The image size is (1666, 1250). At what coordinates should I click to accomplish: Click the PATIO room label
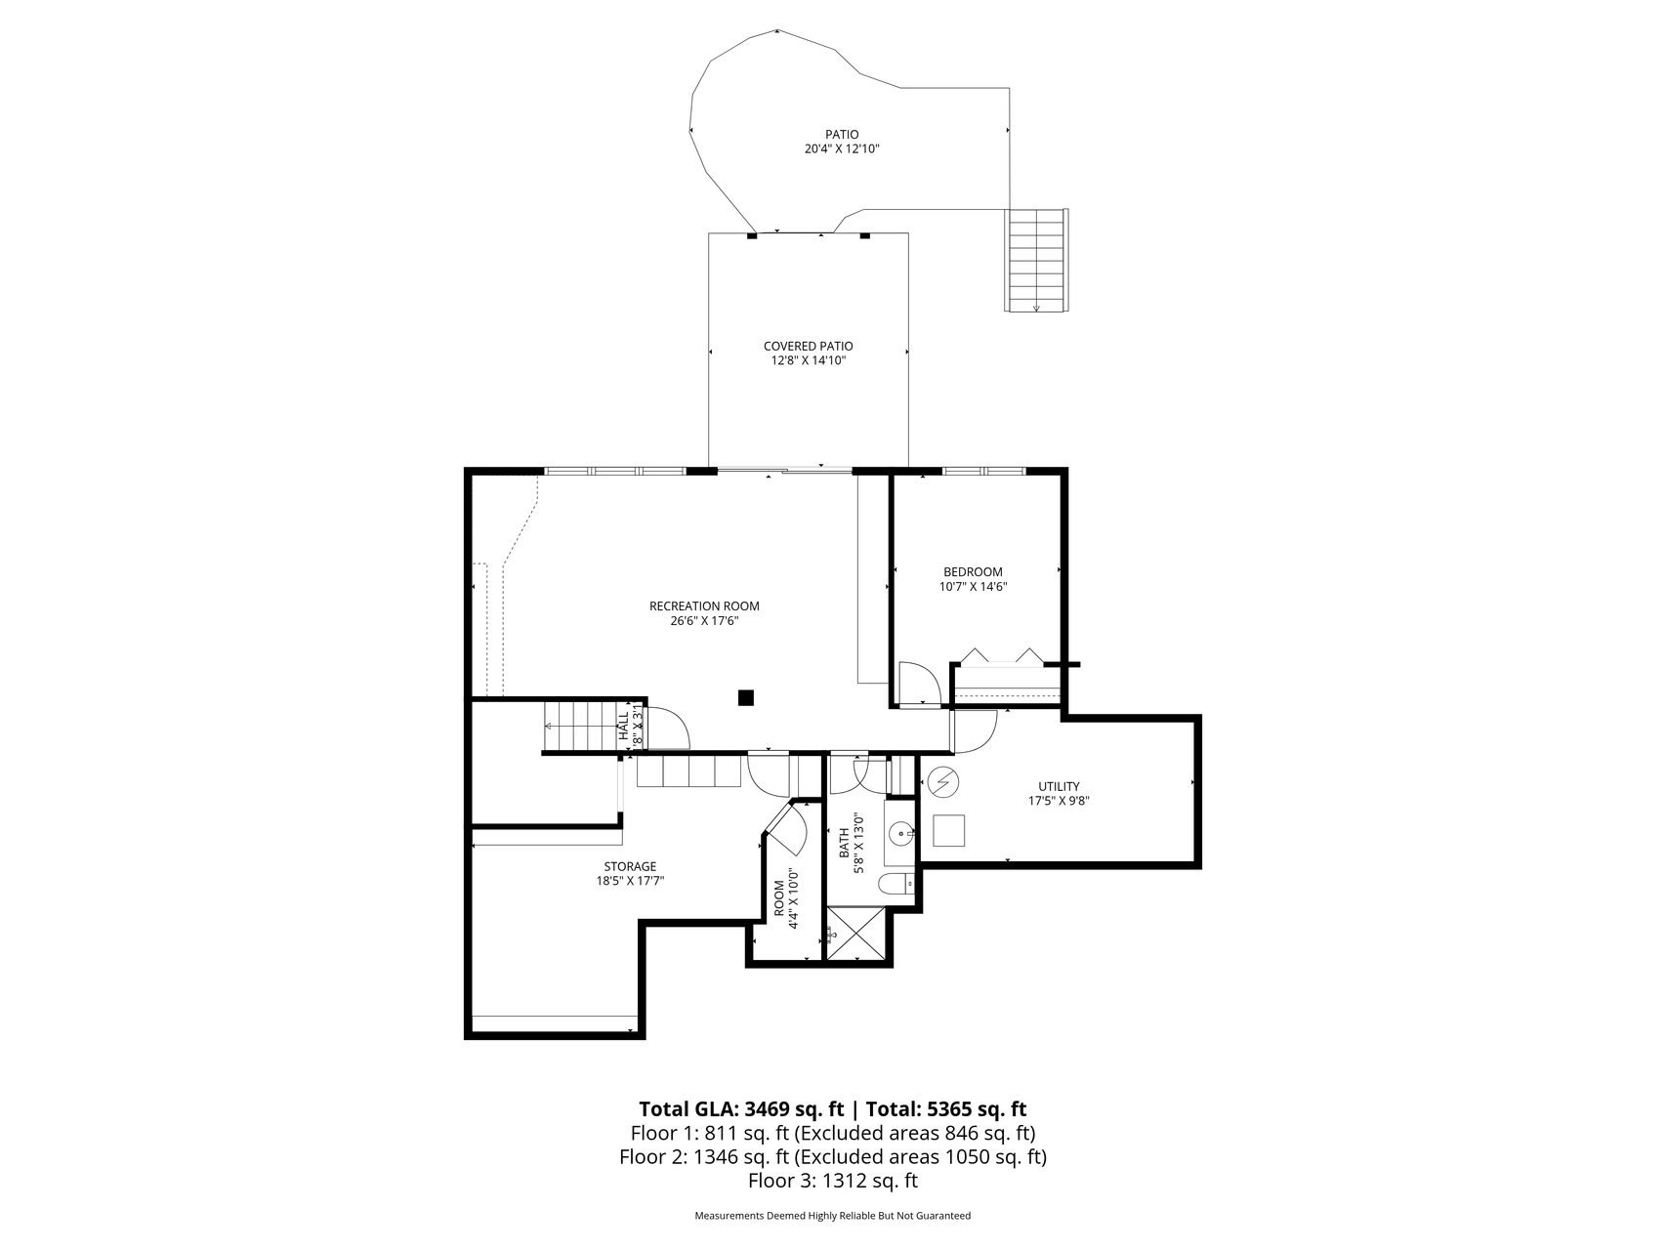841,135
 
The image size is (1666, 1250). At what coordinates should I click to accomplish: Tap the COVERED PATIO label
808,346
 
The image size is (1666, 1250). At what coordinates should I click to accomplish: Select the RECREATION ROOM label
704,606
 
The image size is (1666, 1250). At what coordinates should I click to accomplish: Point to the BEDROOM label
973,572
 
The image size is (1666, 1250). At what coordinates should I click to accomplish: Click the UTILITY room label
1059,786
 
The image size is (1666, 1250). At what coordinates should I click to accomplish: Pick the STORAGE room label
630,866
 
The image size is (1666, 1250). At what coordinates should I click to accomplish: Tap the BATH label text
845,844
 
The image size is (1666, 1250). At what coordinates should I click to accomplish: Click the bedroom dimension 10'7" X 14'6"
973,587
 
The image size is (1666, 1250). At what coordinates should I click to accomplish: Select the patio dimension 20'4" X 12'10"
841,149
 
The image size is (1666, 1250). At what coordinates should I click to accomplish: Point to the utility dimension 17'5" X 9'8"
1059,801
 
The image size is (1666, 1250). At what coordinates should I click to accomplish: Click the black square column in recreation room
746,697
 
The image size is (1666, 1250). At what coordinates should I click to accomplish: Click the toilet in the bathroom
895,885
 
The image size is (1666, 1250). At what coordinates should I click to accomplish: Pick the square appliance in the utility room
949,830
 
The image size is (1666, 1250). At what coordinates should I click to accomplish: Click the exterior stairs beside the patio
1037,260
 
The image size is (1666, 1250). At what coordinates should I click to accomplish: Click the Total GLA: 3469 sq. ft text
741,1109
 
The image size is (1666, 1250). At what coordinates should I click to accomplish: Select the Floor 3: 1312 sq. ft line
833,1181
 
